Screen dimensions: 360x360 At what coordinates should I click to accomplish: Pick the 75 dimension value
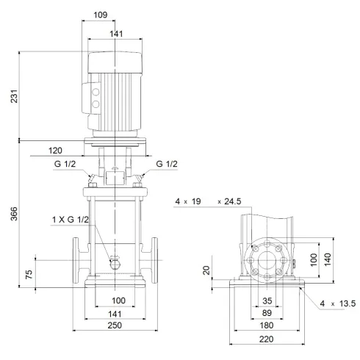pyautogui.click(x=29, y=276)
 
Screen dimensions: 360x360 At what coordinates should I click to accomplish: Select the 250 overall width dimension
pyautogui.click(x=114, y=325)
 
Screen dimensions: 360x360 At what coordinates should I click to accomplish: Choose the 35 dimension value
pyautogui.click(x=267, y=301)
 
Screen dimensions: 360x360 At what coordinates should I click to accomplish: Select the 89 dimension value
pyautogui.click(x=267, y=313)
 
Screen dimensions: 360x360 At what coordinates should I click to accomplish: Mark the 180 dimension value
pyautogui.click(x=267, y=325)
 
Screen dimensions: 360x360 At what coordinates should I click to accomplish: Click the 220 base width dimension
pyautogui.click(x=267, y=339)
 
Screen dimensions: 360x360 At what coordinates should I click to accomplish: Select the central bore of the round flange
pyautogui.click(x=267, y=260)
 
